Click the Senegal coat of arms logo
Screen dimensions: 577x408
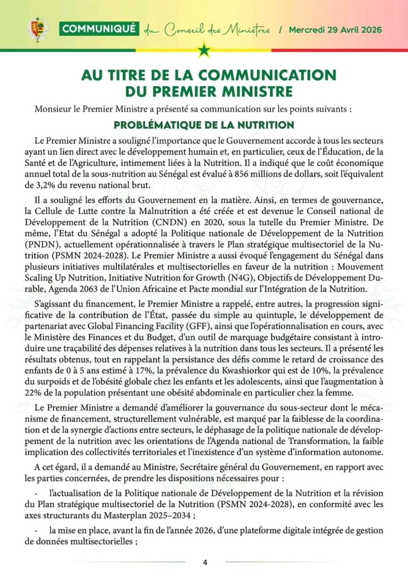[38, 29]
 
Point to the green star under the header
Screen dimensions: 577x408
[204, 52]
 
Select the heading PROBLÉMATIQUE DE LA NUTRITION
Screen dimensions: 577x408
[204, 124]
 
